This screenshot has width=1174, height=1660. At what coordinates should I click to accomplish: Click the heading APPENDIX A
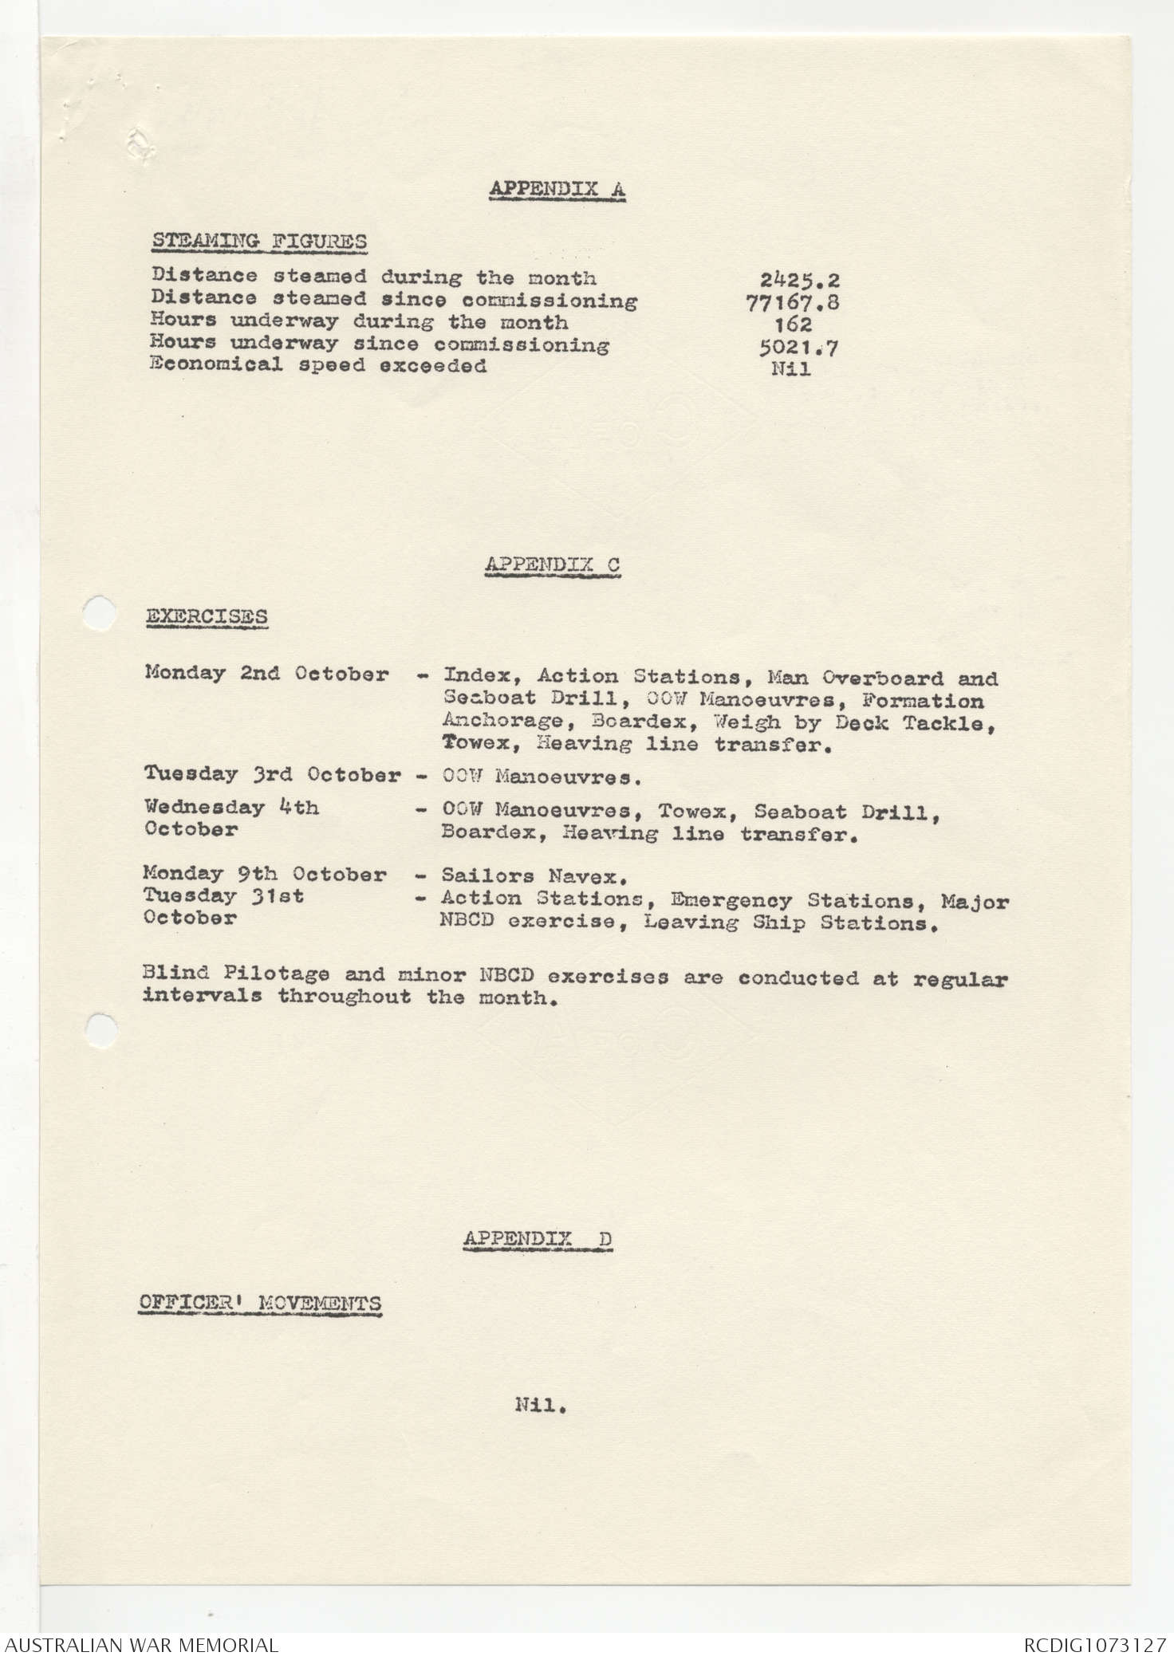tap(557, 189)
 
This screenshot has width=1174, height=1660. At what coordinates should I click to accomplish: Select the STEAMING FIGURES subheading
tap(259, 241)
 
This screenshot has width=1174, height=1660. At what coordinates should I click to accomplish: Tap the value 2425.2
tap(799, 280)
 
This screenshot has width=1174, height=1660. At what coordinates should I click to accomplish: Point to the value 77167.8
tap(791, 302)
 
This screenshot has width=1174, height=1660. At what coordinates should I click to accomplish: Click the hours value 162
tap(793, 325)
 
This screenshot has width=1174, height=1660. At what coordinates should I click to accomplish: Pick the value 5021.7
tap(798, 348)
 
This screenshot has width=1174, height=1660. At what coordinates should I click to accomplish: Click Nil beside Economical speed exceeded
tap(791, 369)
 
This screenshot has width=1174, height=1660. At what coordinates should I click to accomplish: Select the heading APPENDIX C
tap(552, 564)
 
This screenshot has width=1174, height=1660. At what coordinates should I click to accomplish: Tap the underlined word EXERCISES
tap(206, 617)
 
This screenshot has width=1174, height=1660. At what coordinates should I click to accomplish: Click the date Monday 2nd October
tap(266, 674)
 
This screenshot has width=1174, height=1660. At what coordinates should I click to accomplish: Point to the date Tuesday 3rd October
tap(272, 774)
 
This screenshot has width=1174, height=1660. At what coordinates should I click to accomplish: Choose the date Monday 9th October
tap(265, 875)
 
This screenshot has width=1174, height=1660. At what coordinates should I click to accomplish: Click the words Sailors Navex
tap(531, 877)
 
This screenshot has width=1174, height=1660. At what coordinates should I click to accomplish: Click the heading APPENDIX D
tap(538, 1238)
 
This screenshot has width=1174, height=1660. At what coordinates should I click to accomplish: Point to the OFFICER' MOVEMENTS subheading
tap(259, 1304)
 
